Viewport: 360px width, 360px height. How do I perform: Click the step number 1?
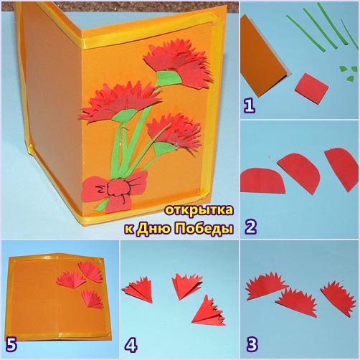point(250,106)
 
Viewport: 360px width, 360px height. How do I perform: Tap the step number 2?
point(251,227)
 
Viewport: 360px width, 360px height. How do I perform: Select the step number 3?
point(252,344)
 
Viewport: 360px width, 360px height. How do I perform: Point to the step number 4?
point(131,345)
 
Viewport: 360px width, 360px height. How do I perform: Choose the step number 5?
point(11,345)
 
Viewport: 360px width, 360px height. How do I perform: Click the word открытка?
point(199,210)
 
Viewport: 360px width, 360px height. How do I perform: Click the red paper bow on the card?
point(114,191)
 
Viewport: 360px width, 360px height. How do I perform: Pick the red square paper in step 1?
point(311,89)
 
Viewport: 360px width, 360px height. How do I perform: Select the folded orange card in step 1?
point(264,57)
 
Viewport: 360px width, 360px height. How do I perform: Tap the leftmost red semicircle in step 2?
point(263,180)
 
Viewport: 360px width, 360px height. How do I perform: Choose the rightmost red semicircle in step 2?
point(342,169)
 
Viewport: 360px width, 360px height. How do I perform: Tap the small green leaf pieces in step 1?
point(347,73)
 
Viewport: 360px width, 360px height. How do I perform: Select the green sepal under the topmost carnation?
point(169,78)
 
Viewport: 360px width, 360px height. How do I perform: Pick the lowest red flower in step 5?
point(93,299)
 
